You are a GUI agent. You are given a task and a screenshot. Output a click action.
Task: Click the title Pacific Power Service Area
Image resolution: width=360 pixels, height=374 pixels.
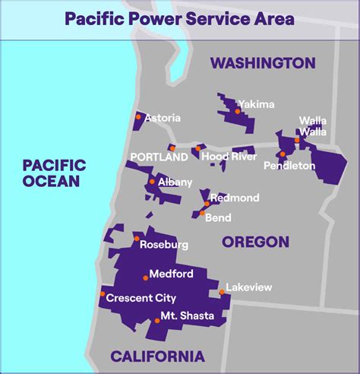pos(179,17)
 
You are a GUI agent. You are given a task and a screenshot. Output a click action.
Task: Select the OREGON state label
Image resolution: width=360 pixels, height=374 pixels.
pos(255,242)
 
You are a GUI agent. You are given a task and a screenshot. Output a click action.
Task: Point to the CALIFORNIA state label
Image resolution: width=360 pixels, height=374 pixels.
pos(157,356)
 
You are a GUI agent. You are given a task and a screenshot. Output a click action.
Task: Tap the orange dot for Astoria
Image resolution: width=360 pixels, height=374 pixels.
pos(138,117)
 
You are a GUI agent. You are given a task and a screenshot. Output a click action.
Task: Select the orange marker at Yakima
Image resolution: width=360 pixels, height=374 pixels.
pos(238,111)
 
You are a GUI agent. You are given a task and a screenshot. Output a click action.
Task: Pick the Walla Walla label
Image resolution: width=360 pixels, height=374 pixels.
pos(312,125)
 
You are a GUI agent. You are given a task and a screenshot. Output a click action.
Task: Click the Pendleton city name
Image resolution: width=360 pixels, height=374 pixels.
pos(289,165)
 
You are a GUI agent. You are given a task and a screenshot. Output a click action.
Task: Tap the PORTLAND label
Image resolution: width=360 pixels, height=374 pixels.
pos(159,157)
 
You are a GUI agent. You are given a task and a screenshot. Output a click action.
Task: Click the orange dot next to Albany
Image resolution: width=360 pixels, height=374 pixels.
pos(152,182)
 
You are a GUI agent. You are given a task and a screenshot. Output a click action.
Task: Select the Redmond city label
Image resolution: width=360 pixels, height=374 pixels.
pos(235,198)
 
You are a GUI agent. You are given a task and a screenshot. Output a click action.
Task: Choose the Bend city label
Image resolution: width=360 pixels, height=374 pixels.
pos(218,217)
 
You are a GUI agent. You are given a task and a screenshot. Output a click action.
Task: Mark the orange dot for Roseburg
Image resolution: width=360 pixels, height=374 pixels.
pos(137,240)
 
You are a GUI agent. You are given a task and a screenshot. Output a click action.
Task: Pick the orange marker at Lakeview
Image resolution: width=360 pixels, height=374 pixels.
pos(222,291)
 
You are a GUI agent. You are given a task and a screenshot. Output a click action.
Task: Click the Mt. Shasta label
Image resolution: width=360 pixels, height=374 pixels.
pos(187,315)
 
